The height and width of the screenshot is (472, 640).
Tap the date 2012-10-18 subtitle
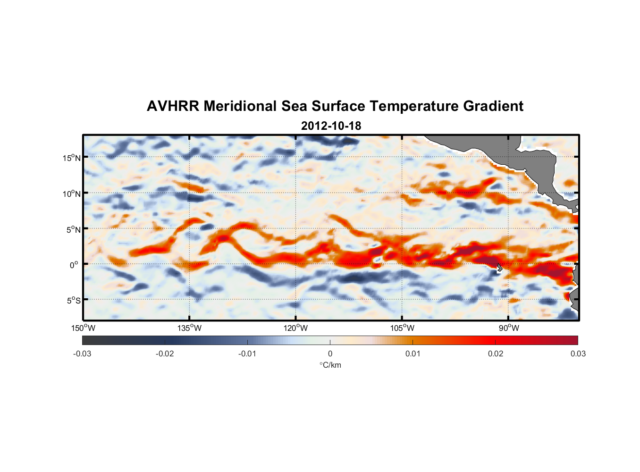[331, 126]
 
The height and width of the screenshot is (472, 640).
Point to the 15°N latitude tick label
[72, 158]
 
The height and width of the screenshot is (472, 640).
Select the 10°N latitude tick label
[72, 194]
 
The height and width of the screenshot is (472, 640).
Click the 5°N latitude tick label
[73, 229]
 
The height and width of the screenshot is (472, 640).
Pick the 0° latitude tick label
[74, 265]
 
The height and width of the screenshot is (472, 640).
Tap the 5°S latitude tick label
[73, 301]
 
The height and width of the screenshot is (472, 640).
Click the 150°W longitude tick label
[83, 328]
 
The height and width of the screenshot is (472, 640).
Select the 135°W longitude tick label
[189, 328]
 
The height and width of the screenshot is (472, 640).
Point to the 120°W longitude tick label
[295, 328]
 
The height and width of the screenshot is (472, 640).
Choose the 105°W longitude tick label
[402, 328]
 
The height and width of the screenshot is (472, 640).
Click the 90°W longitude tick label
[508, 328]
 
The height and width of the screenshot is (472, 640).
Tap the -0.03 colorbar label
[82, 354]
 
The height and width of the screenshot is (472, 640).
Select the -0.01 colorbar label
[247, 354]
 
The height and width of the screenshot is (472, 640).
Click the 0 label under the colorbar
[330, 354]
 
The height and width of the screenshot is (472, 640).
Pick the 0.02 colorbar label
[496, 354]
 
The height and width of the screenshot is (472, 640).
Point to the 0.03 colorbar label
[578, 354]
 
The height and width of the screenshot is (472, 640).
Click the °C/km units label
[330, 365]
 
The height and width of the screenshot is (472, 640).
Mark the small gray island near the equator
[500, 267]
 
